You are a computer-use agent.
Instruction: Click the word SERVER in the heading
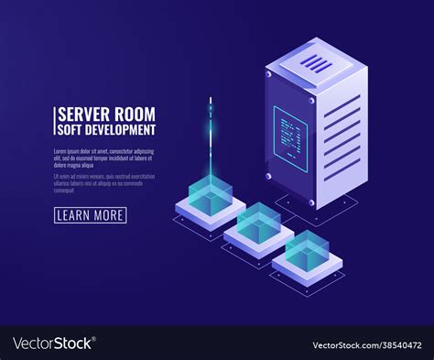83,115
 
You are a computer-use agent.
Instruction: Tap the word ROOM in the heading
133,115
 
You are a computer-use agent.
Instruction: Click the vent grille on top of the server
316,62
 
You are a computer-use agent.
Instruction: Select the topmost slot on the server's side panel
342,105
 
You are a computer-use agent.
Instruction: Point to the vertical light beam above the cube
211,137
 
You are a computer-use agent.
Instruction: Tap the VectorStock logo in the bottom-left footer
53,344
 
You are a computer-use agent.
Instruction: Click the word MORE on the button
106,215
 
